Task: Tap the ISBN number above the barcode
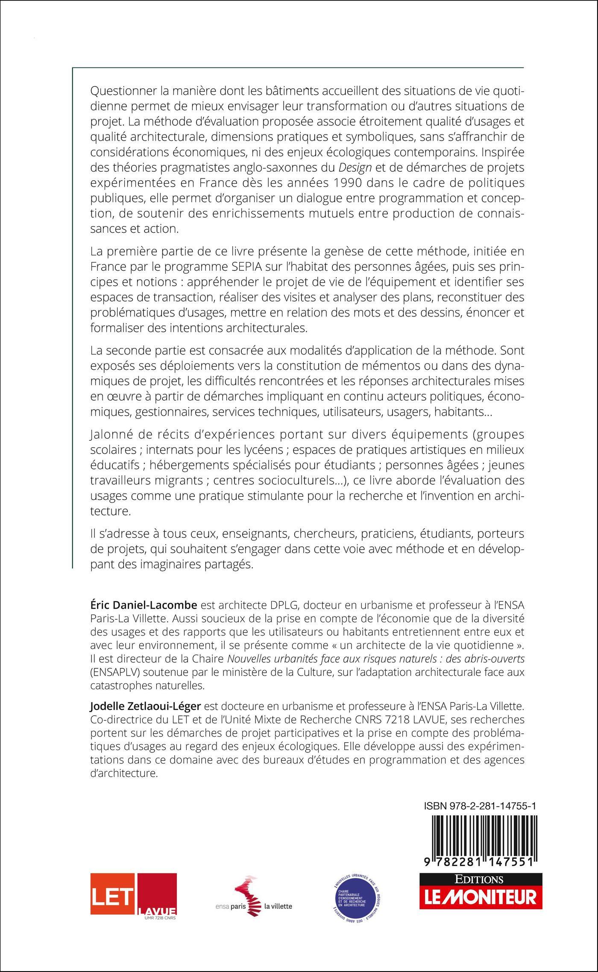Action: pos(481,806)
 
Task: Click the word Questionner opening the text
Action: pos(124,91)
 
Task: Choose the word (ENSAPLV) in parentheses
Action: pos(117,672)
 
